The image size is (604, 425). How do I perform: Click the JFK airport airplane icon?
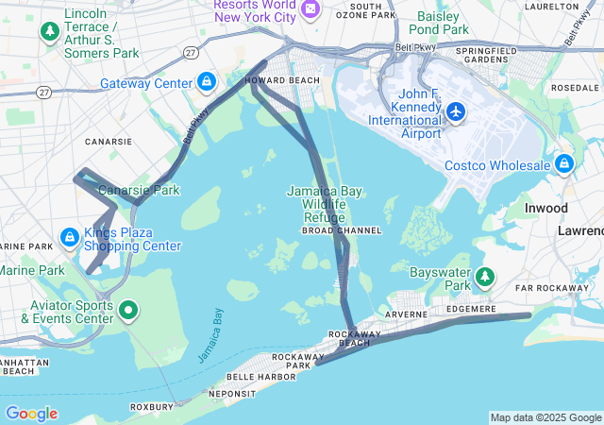[x=456, y=112]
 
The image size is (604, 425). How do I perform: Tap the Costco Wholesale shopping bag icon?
[x=563, y=164]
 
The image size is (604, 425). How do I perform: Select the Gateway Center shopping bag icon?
[x=206, y=82]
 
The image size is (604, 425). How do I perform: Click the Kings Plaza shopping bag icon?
[x=69, y=236]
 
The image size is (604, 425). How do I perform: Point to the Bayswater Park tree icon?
[x=485, y=277]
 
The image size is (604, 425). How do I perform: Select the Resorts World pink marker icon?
[x=311, y=9]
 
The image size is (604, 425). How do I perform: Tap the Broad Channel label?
[x=342, y=230]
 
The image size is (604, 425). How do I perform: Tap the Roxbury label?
[x=151, y=408]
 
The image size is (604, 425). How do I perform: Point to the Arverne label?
[x=406, y=314]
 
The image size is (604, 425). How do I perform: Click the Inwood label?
[x=546, y=208]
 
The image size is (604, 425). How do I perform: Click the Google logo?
[x=31, y=414]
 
